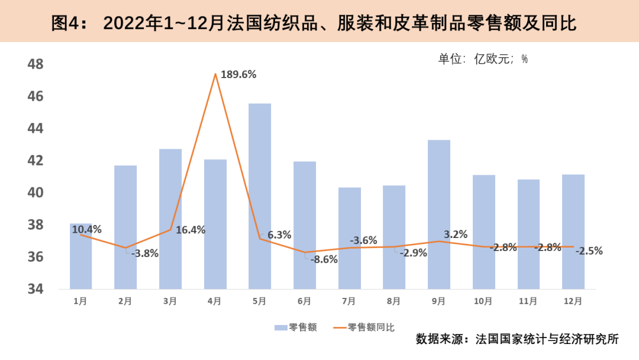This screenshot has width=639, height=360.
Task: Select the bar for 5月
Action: (x=260, y=196)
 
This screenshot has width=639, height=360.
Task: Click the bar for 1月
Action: (x=81, y=261)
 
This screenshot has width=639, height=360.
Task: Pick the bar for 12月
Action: (x=573, y=232)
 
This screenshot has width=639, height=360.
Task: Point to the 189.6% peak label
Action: (x=238, y=75)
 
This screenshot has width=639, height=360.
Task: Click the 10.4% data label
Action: (x=86, y=229)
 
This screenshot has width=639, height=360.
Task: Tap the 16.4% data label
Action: (x=190, y=230)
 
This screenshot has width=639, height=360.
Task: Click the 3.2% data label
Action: (x=456, y=234)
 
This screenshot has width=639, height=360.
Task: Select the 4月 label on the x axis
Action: (x=215, y=301)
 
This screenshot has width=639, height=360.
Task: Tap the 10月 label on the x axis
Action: (x=483, y=301)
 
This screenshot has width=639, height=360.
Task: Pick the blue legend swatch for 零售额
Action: (x=280, y=327)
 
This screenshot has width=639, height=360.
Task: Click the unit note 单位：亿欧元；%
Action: (x=482, y=59)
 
